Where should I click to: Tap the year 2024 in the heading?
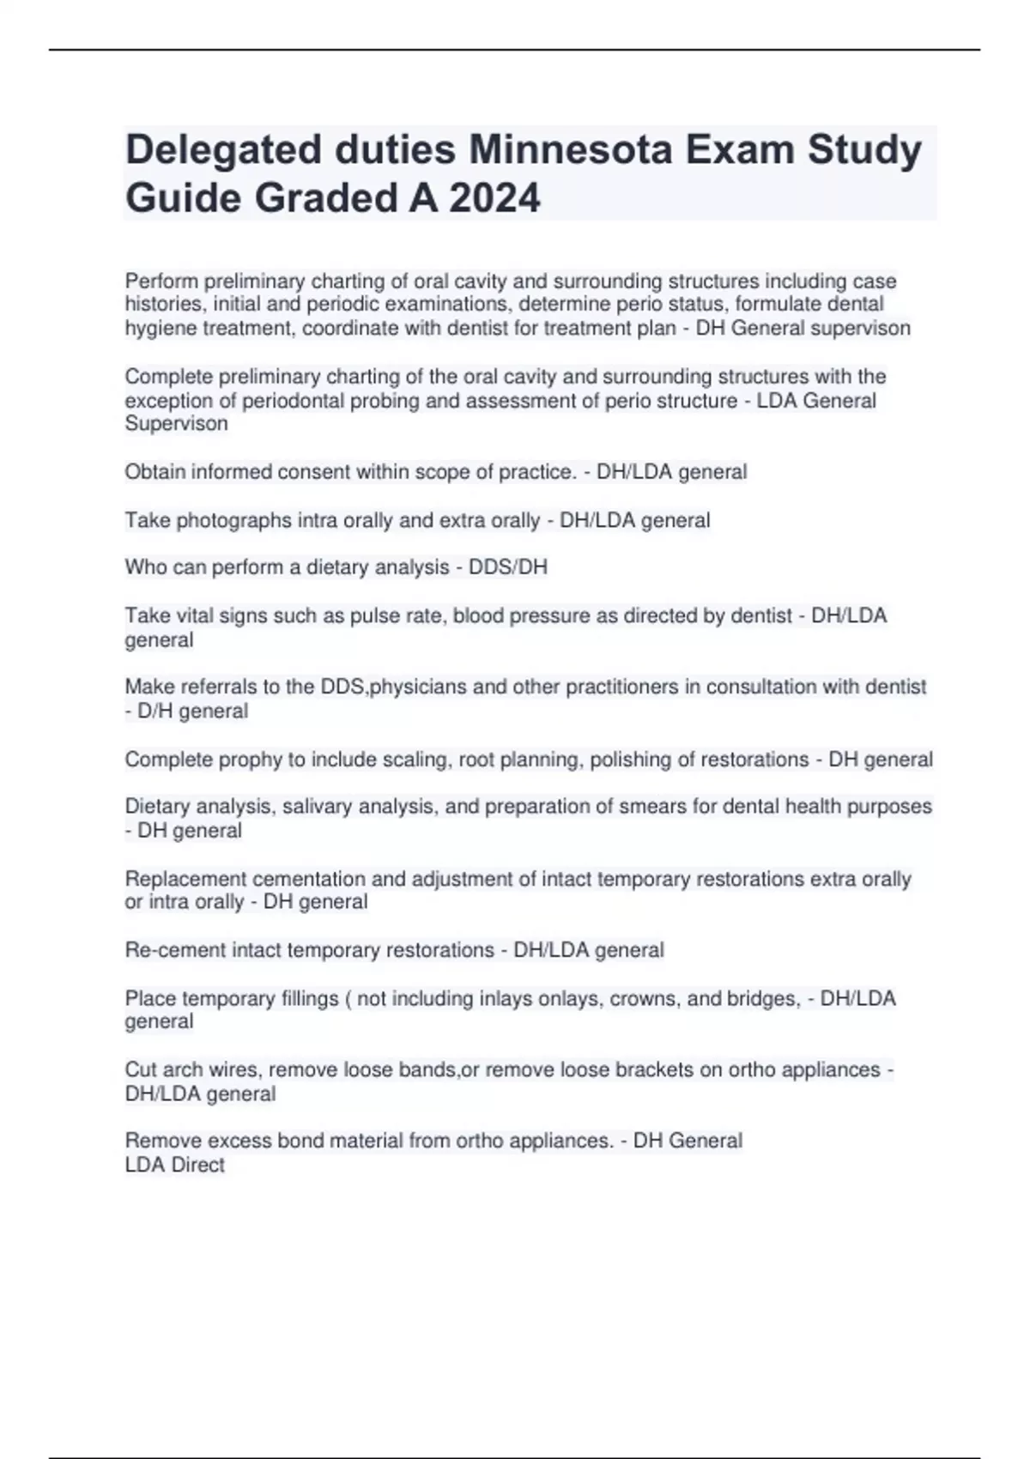pos(494,198)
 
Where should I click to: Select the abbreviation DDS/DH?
pos(508,567)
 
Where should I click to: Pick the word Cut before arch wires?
pos(141,1070)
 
